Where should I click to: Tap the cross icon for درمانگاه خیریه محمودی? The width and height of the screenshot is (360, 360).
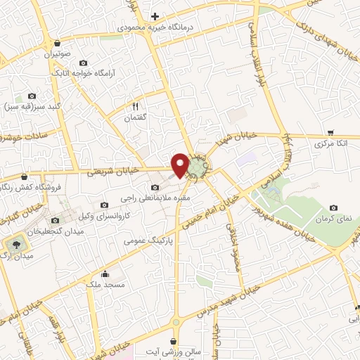tap(155, 15)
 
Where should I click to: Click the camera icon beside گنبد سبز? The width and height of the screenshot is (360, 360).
tap(31, 96)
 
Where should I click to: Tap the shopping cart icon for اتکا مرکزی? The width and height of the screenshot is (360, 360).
tap(330, 131)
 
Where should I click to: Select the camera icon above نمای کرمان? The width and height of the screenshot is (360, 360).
tap(333, 207)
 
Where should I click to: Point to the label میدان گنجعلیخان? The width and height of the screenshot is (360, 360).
tap(56, 231)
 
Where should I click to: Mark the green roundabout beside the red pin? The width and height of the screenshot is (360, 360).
tap(200, 168)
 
